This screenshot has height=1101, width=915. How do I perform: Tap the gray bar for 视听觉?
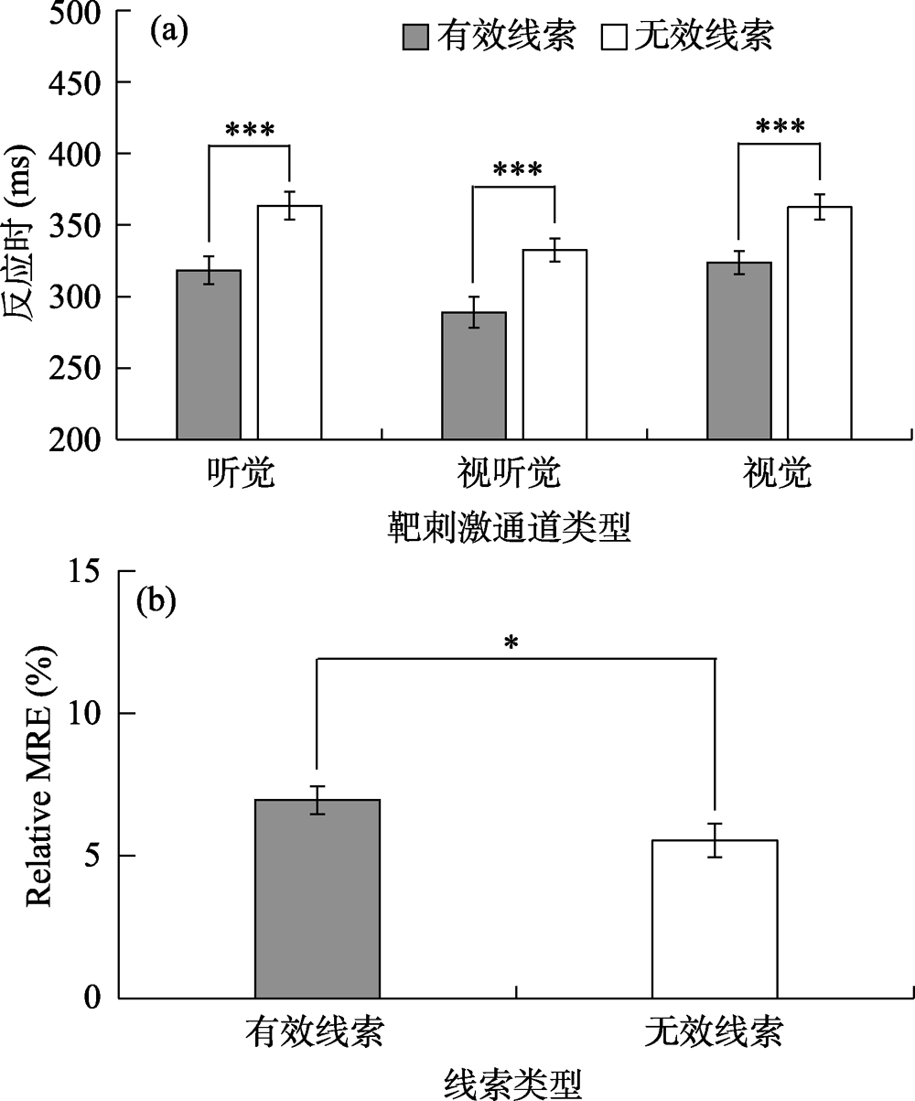point(474,376)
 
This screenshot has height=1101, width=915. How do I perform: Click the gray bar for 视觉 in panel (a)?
point(739,351)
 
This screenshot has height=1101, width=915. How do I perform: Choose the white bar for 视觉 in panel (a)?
point(820,324)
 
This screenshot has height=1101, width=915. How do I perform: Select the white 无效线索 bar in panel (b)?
point(715,919)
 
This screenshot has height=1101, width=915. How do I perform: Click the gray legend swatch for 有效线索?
point(416,37)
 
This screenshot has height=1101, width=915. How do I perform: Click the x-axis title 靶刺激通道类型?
point(509,528)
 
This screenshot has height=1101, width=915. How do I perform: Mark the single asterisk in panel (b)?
point(511,642)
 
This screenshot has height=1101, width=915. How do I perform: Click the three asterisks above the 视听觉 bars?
point(517,170)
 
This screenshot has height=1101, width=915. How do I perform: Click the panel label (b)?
point(156,601)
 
